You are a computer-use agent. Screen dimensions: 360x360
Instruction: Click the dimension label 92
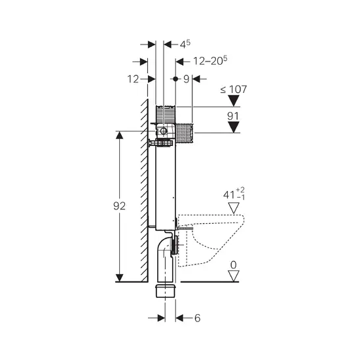[119, 206]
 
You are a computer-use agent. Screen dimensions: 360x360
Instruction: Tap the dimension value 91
[233, 116]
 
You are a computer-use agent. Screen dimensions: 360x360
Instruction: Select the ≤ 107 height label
[234, 89]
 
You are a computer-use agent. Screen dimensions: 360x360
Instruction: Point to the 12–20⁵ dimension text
[210, 61]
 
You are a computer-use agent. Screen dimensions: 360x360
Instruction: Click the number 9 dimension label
[186, 79]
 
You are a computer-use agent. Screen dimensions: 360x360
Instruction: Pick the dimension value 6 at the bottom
[197, 318]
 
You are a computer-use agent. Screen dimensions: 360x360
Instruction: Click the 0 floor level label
[233, 265]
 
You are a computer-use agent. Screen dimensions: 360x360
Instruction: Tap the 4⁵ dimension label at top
[185, 45]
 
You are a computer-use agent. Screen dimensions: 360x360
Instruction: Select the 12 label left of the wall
[133, 79]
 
